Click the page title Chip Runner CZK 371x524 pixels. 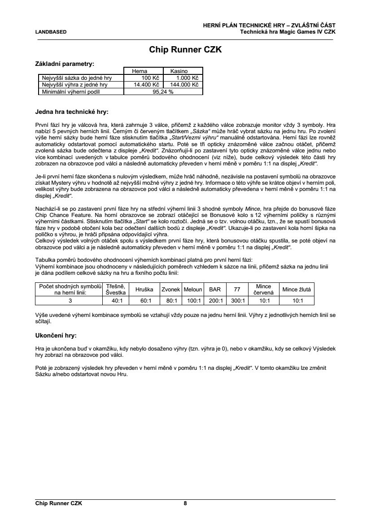pos(185,50)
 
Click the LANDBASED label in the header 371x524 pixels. pos(51,32)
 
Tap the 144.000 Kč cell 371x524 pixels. pos(183,84)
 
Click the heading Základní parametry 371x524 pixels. pos(65,64)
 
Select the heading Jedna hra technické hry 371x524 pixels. pos(72,111)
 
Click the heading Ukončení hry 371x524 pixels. pos(56,335)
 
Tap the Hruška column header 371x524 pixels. pos(144,290)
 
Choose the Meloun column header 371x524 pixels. pos(193,290)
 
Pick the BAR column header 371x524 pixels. pos(215,290)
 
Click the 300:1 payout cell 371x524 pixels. pos(237,301)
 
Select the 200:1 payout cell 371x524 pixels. pos(215,301)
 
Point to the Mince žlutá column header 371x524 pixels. pos(297,290)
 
